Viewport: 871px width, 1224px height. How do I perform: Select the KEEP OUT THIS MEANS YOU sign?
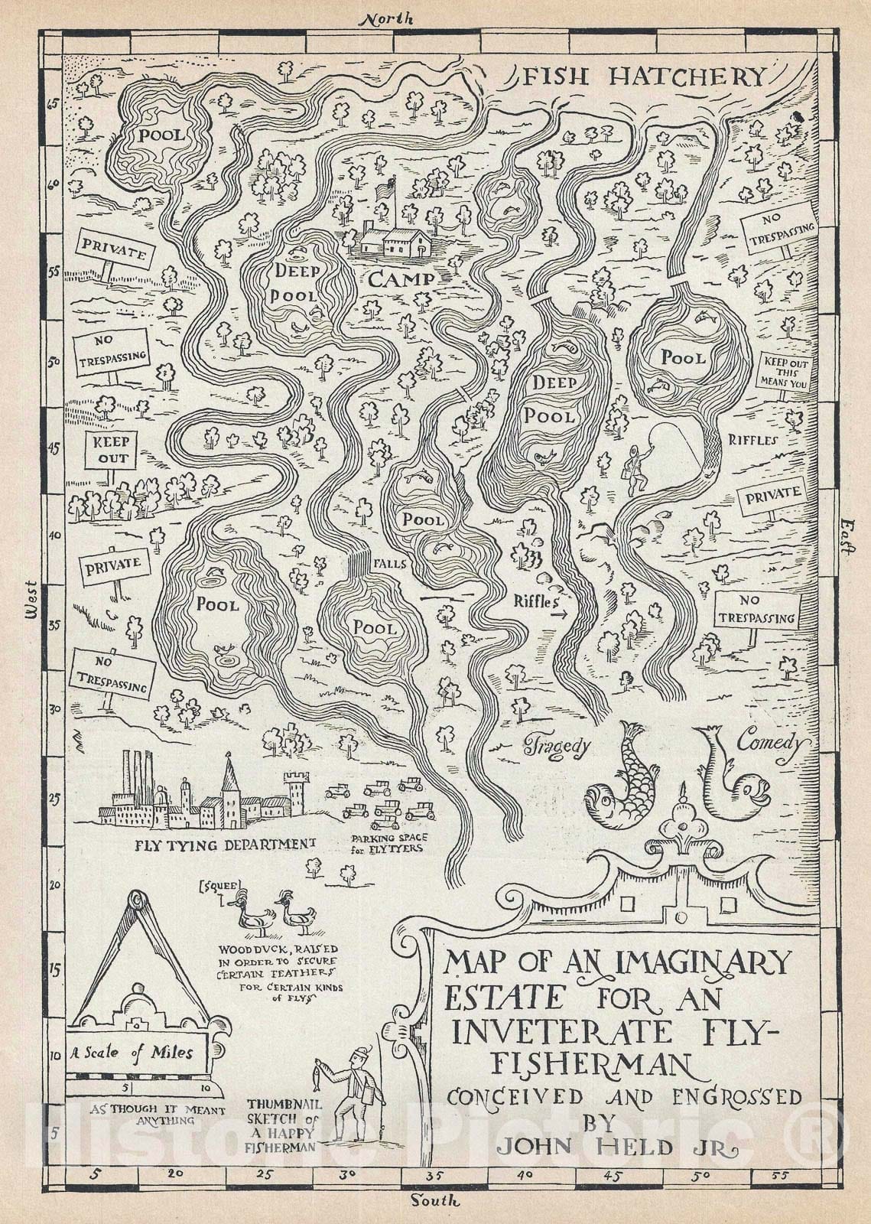pos(781,373)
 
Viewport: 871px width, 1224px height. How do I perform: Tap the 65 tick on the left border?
pos(53,106)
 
